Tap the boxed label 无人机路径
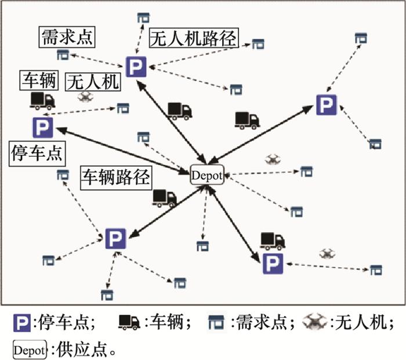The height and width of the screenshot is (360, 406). tap(193, 38)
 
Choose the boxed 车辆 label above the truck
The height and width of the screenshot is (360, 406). tap(39, 80)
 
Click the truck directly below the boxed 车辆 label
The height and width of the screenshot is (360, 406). tap(42, 101)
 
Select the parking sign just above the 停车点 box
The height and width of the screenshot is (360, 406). tap(42, 127)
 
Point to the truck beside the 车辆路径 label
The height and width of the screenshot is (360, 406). tap(164, 198)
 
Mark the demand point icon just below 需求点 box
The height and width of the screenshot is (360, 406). tap(63, 55)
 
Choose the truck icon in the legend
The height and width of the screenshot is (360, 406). tap(129, 321)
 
